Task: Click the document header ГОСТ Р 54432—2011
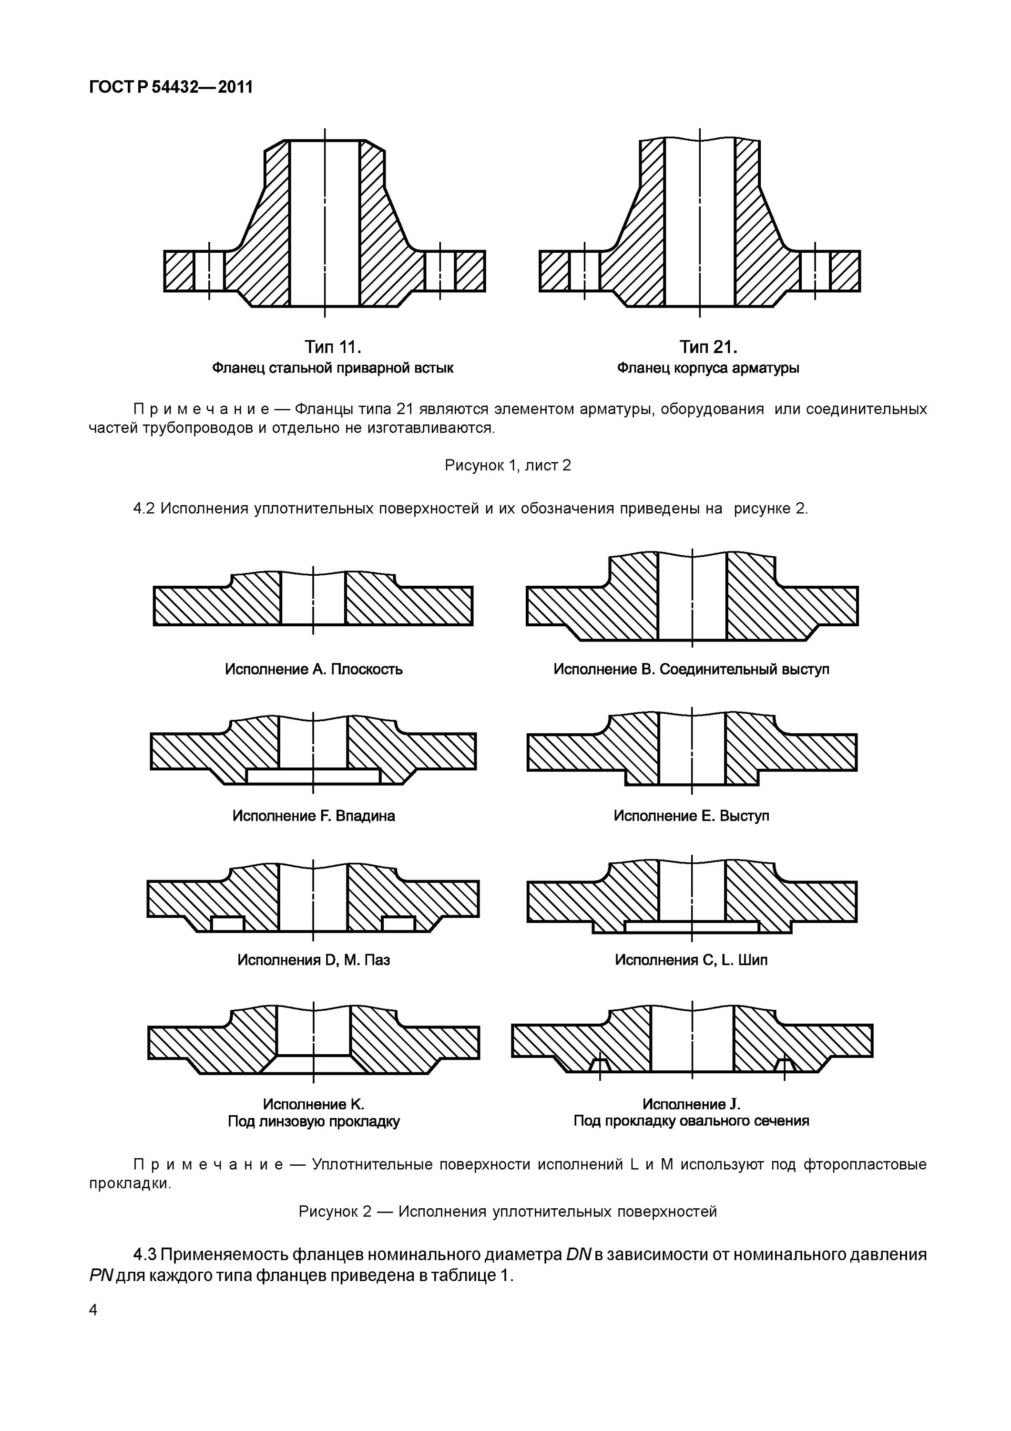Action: [171, 87]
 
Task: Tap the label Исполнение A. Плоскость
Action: [313, 669]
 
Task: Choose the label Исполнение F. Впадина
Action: [313, 816]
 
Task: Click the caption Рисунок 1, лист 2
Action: [508, 466]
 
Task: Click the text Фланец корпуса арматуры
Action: [708, 368]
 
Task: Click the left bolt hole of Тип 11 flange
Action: [209, 271]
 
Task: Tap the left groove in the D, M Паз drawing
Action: [227, 923]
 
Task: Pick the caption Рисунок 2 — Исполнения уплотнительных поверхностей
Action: [508, 1212]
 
